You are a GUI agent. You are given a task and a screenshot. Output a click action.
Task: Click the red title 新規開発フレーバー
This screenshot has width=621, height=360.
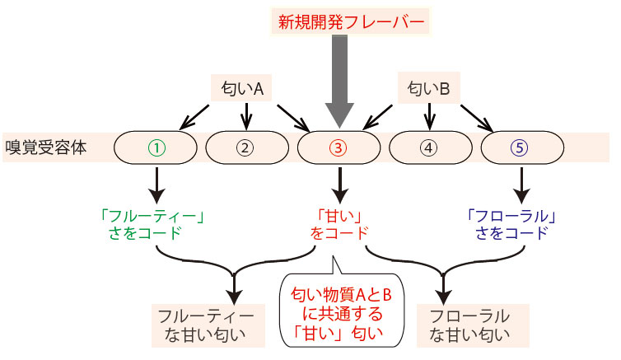pyautogui.click(x=351, y=21)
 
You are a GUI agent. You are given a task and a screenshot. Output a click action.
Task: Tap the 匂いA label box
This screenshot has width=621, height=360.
pyautogui.click(x=241, y=88)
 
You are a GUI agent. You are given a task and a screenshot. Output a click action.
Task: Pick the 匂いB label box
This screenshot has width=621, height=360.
pyautogui.click(x=428, y=88)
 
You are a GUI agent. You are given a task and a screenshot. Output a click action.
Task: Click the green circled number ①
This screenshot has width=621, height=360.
pyautogui.click(x=156, y=148)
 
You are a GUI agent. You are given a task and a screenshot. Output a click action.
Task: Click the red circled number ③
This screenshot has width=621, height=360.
pyautogui.click(x=339, y=148)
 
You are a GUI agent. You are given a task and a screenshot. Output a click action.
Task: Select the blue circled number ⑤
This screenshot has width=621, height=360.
pyautogui.click(x=520, y=148)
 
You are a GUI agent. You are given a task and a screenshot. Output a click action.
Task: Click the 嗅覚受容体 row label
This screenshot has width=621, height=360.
pyautogui.click(x=45, y=147)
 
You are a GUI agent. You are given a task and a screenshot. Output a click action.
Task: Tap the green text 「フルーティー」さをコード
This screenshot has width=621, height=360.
pyautogui.click(x=152, y=225)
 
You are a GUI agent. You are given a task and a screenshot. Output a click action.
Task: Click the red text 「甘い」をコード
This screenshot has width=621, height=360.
pyautogui.click(x=339, y=225)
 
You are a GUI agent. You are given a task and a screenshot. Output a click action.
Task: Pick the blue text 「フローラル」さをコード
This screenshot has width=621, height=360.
pyautogui.click(x=511, y=225)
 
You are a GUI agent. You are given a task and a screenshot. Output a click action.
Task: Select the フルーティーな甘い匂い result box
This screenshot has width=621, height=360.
pyautogui.click(x=208, y=325)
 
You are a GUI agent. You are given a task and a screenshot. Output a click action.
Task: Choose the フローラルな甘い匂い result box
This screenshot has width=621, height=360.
pyautogui.click(x=473, y=325)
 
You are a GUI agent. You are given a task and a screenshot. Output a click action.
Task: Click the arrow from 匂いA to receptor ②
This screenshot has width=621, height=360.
pyautogui.click(x=246, y=116)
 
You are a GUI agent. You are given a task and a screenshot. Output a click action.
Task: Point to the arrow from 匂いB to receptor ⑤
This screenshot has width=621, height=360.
pyautogui.click(x=477, y=118)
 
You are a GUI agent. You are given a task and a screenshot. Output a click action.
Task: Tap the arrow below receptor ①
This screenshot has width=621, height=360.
pyautogui.click(x=157, y=185)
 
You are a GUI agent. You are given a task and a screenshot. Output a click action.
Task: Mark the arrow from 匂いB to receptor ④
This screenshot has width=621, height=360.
pyautogui.click(x=429, y=116)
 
